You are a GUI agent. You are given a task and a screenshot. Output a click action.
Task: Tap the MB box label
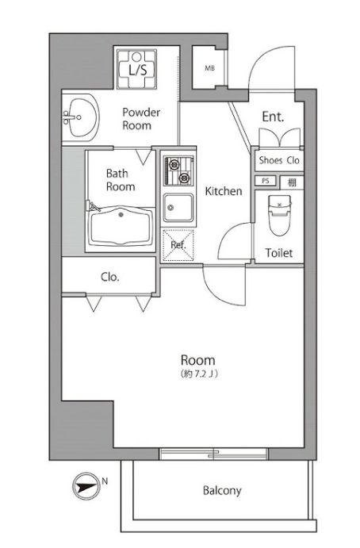[x=210, y=68]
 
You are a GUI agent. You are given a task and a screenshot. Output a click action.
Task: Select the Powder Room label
[x=141, y=119]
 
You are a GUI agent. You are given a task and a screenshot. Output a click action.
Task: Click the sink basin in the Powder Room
[x=81, y=119]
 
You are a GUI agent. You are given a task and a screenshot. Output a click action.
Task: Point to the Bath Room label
[x=121, y=180]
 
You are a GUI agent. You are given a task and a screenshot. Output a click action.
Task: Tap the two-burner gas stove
[x=178, y=169]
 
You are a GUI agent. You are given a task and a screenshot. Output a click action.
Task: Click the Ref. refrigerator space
[x=178, y=241]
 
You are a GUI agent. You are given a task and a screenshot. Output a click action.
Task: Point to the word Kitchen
[x=224, y=191]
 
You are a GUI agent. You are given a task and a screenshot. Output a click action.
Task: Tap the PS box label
[x=266, y=181]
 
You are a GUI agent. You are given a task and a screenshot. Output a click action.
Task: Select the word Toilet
[x=279, y=254]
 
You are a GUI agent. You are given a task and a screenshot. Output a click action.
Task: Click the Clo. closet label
[x=110, y=277]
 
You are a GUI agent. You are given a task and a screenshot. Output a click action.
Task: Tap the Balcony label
[x=222, y=491]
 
